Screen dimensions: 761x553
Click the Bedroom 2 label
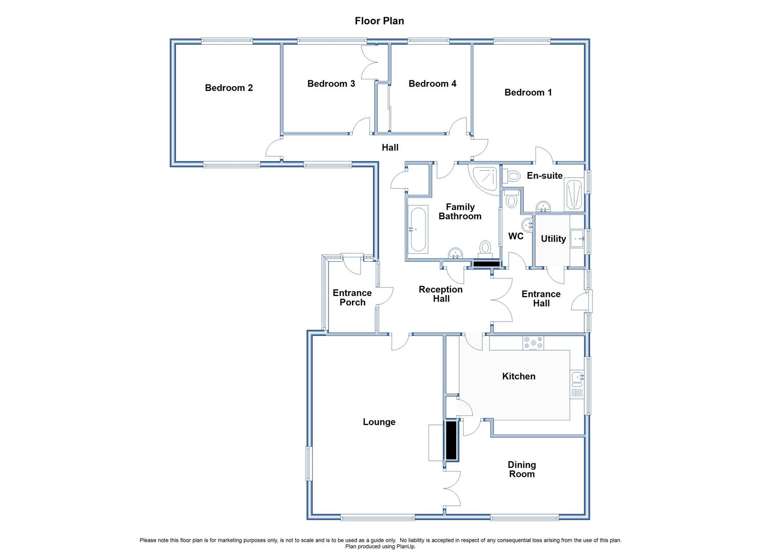pos(229,88)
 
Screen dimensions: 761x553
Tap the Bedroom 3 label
pos(331,84)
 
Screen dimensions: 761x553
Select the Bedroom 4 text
pos(432,84)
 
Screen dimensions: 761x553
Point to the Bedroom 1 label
pos(528,92)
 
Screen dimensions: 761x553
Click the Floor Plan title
pos(380,21)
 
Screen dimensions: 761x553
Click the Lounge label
pos(379,422)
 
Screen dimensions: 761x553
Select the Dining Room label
pos(522,469)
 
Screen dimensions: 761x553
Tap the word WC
pos(516,236)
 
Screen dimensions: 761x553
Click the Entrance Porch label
pos(352,297)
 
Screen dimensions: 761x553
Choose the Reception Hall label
pos(441,294)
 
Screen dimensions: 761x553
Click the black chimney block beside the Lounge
pos(451,440)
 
